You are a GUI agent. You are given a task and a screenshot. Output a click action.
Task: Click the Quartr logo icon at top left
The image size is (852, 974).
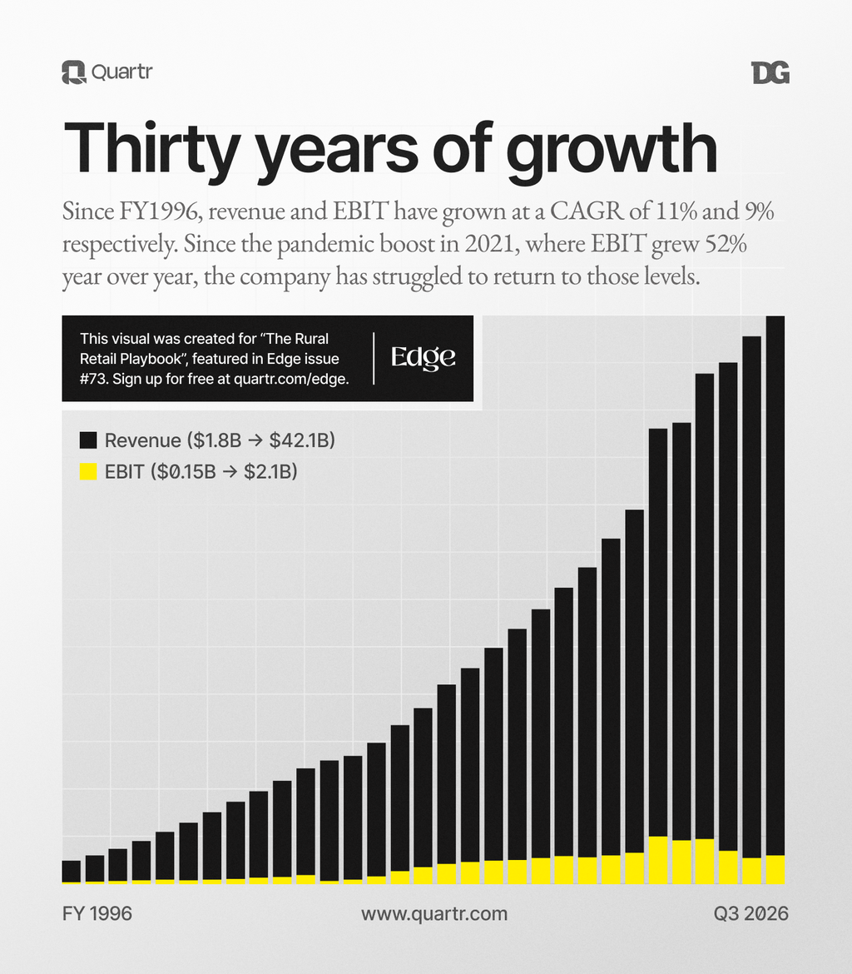[74, 72]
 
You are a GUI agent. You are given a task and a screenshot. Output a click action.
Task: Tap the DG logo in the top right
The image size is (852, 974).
[770, 73]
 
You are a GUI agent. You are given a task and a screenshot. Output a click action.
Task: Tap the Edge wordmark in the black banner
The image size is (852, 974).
[424, 358]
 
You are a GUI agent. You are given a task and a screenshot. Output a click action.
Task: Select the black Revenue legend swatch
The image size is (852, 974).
[87, 440]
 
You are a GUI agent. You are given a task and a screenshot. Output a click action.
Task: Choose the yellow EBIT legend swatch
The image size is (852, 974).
[87, 471]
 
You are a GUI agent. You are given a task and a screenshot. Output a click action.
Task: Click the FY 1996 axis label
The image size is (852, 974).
[97, 913]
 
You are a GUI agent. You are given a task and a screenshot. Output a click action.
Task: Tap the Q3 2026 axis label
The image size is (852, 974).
[750, 913]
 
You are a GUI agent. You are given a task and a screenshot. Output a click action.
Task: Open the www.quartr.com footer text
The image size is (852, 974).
[433, 913]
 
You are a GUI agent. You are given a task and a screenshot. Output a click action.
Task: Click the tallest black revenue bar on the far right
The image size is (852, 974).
[775, 583]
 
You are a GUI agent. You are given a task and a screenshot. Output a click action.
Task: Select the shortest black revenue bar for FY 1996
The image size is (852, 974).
[72, 870]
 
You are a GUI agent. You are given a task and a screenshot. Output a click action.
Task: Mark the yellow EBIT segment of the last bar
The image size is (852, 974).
[775, 869]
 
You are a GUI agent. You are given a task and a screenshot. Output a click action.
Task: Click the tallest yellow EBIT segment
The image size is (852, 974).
[657, 859]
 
